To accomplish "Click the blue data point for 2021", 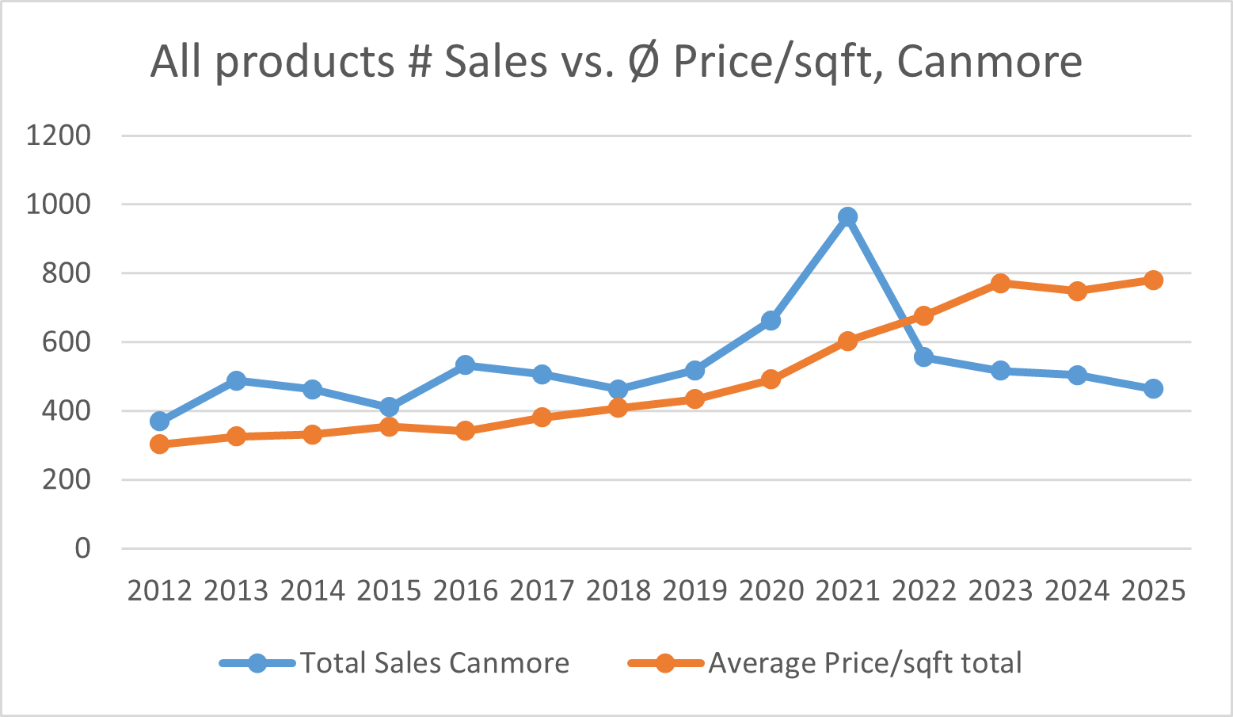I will pyautogui.click(x=847, y=217).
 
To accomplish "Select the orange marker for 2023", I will pyautogui.click(x=1000, y=283).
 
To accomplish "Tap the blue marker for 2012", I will pyautogui.click(x=159, y=421).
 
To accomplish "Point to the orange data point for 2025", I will pyautogui.click(x=1153, y=280).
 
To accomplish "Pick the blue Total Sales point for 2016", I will pyautogui.click(x=465, y=365).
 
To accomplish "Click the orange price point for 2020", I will pyautogui.click(x=771, y=379).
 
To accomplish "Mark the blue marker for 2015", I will pyautogui.click(x=389, y=407).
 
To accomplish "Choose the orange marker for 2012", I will pyautogui.click(x=159, y=444).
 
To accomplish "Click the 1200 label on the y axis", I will pyautogui.click(x=58, y=135).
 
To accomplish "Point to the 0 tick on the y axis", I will pyautogui.click(x=82, y=548).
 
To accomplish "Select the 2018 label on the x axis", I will pyautogui.click(x=618, y=591).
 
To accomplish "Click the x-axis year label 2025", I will pyautogui.click(x=1153, y=591).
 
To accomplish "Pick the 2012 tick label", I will pyautogui.click(x=159, y=591).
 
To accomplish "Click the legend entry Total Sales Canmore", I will pyautogui.click(x=434, y=663).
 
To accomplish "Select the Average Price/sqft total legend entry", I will pyautogui.click(x=865, y=663).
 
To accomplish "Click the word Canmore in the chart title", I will pyautogui.click(x=989, y=61).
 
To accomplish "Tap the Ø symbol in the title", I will pyautogui.click(x=645, y=61).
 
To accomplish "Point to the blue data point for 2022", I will pyautogui.click(x=923, y=357).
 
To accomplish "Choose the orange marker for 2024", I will pyautogui.click(x=1077, y=291).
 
